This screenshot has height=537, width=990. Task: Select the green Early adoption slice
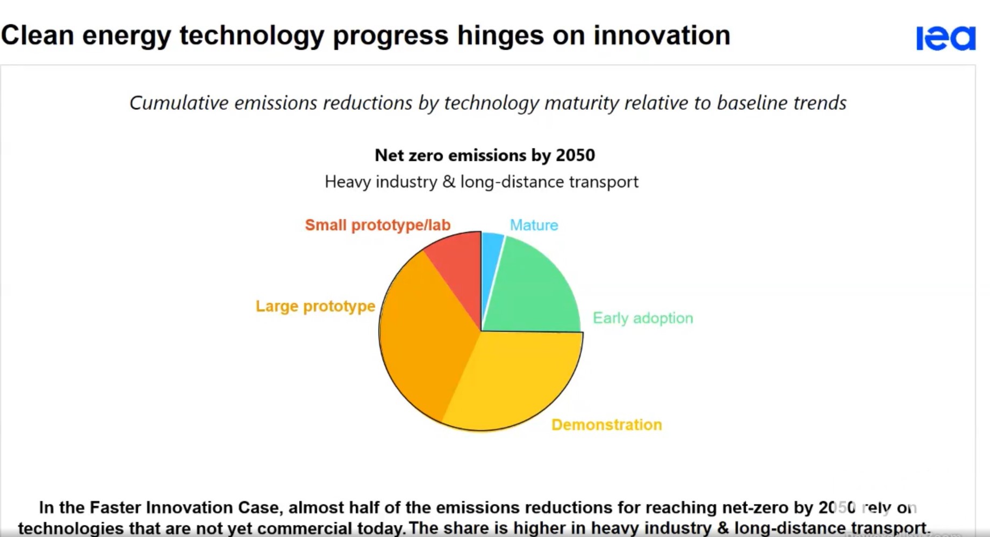click(535, 290)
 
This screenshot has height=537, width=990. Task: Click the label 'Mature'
click(534, 225)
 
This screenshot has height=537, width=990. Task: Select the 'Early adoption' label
click(643, 318)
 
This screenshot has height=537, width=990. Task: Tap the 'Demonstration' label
click(606, 425)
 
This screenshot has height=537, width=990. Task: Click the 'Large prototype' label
click(315, 306)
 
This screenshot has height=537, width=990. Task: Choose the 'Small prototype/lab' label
click(377, 225)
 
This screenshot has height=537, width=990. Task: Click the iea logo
click(945, 38)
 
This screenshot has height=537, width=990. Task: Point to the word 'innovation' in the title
click(662, 35)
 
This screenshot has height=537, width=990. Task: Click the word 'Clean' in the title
click(38, 35)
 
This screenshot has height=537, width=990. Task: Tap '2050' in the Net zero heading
click(575, 155)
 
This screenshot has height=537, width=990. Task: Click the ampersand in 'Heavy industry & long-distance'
click(449, 182)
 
